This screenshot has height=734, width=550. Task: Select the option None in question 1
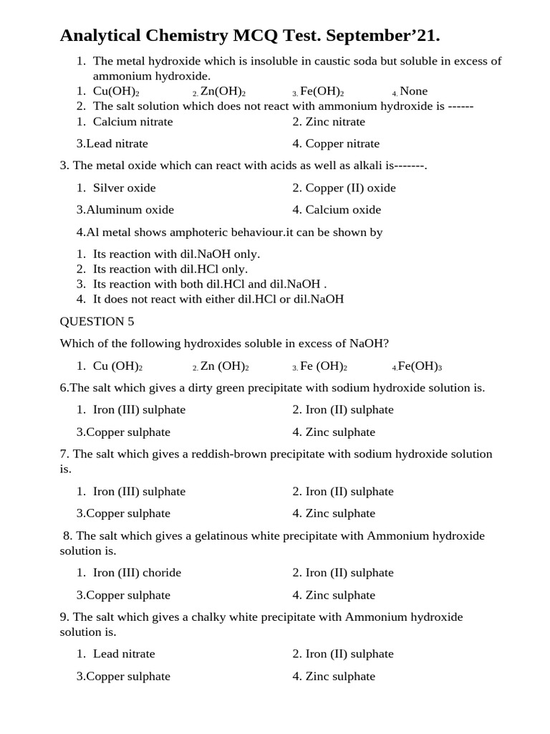413,91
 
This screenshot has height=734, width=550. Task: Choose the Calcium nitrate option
132,122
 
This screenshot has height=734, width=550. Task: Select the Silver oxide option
124,188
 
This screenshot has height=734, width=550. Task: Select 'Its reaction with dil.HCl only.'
170,270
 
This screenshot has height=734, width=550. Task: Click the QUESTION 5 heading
97,321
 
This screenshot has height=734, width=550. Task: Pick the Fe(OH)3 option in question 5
420,366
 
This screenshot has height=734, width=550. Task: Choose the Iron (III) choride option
137,573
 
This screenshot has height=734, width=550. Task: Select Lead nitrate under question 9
124,654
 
